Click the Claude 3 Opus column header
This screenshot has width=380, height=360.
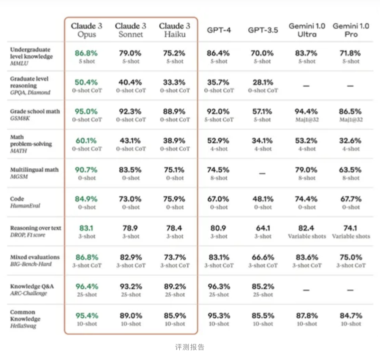pos(86,30)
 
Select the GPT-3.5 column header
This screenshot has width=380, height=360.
pos(263,30)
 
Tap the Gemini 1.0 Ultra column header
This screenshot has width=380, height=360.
pos(307,30)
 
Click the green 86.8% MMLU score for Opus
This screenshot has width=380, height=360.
pos(86,53)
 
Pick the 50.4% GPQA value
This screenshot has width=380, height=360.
pos(86,82)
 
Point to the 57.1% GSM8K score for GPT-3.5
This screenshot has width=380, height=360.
pos(262,111)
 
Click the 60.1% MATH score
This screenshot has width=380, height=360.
pos(86,140)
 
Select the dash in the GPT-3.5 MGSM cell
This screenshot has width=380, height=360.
pos(262,173)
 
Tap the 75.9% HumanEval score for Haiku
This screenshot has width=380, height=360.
pos(174,199)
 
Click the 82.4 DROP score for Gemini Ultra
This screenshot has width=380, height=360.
pos(306,228)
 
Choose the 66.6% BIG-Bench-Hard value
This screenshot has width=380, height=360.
pos(263,257)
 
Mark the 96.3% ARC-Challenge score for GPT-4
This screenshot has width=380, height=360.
pos(219,286)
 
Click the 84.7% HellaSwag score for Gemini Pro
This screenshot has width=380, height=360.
pos(351,315)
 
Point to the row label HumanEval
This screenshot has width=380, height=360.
pos(25,205)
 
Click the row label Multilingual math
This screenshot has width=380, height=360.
pos(34,169)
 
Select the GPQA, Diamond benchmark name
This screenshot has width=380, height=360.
pos(30,92)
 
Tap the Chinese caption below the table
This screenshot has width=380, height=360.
pos(190,347)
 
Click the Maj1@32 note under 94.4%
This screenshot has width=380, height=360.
pos(307,119)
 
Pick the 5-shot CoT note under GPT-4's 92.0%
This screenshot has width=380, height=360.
pos(219,119)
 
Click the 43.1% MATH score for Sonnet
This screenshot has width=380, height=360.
pos(130,140)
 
